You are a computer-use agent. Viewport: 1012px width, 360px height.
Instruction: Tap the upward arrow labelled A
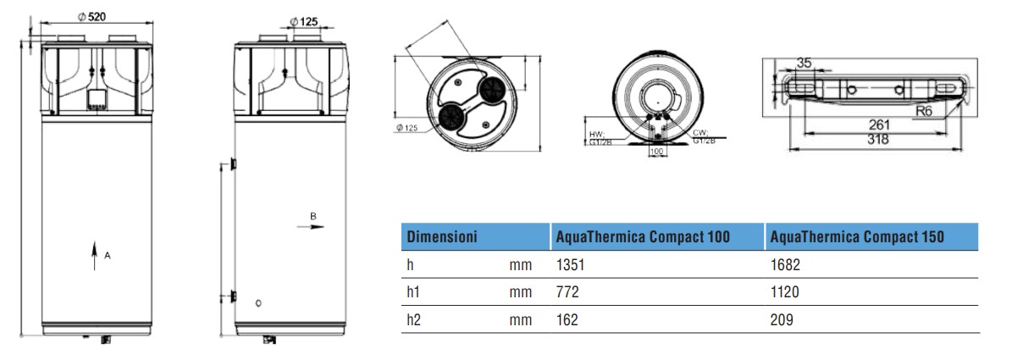(x=94, y=255)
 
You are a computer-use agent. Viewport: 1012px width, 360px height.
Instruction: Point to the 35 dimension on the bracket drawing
(x=805, y=63)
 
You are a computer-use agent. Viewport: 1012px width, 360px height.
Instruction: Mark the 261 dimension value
(x=877, y=125)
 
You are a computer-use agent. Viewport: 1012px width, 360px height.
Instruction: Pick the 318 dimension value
(x=877, y=141)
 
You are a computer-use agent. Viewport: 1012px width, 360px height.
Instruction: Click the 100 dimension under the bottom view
(x=655, y=152)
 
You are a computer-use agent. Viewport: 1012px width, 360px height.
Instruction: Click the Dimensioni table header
(x=442, y=236)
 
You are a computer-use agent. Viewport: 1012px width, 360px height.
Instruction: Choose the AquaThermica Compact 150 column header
(x=857, y=236)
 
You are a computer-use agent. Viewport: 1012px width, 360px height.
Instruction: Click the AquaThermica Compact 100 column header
(x=642, y=236)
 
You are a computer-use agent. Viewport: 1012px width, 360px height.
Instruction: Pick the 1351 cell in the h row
(x=570, y=265)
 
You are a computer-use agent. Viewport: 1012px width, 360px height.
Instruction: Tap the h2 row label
(x=413, y=320)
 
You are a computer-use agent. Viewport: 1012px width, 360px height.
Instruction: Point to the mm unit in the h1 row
(x=521, y=292)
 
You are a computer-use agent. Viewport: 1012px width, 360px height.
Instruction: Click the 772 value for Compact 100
(x=567, y=292)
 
